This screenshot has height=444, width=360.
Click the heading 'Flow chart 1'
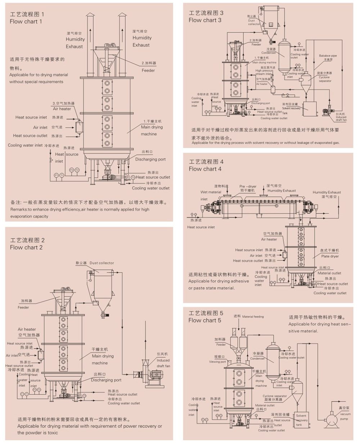coord(26,22)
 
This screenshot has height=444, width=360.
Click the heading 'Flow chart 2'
coord(26,247)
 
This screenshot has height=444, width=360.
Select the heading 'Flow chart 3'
coord(205,20)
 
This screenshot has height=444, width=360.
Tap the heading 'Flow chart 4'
coord(205,169)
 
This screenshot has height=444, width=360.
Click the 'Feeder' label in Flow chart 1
coord(148,71)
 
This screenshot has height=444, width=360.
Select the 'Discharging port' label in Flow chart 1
coord(150,159)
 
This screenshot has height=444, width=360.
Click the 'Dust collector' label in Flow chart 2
coord(102,263)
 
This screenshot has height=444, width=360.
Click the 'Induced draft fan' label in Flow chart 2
coord(163,363)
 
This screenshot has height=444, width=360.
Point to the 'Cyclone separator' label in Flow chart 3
coord(324,79)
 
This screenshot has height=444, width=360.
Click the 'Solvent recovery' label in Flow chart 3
coord(291,108)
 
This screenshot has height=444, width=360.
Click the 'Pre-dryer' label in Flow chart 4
coord(248,186)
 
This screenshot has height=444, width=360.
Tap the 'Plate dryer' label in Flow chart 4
coord(330,256)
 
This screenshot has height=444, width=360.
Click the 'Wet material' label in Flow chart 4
coord(211,192)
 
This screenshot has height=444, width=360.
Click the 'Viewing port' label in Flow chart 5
coord(217,362)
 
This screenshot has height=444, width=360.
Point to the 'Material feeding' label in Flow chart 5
coord(253,317)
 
